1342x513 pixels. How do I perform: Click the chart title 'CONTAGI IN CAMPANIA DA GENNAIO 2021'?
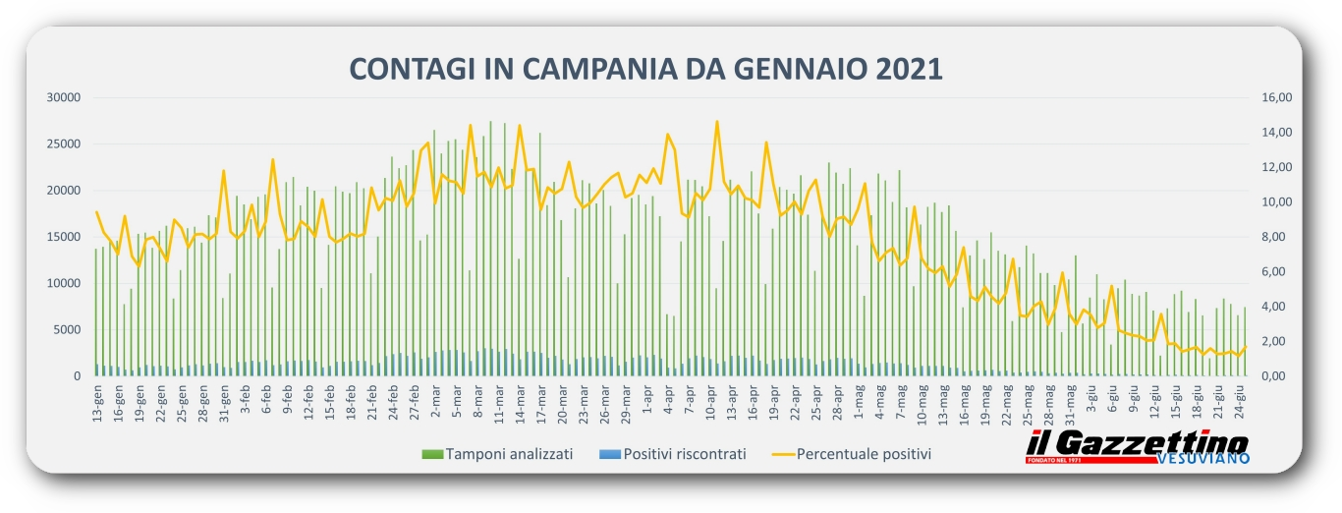[645, 69]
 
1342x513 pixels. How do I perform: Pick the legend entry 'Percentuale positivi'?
[863, 454]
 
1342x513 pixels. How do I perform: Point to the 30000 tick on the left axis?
[64, 97]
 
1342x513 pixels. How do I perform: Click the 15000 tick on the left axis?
[64, 237]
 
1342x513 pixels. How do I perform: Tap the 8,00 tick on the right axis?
[1271, 237]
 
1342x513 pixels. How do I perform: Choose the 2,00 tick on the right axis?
[1271, 342]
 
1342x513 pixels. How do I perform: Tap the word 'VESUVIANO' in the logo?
[1203, 459]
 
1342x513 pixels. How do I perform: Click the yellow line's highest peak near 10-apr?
[717, 122]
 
